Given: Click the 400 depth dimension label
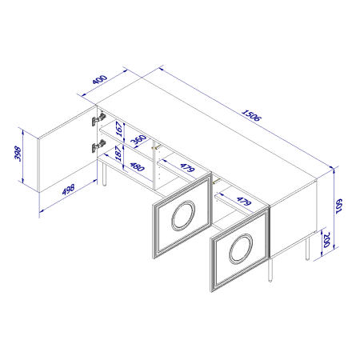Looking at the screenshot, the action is [100, 79].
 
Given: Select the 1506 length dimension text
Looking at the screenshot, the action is [251, 115].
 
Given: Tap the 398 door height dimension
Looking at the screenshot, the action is [18, 154].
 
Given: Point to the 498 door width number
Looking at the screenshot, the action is [68, 190].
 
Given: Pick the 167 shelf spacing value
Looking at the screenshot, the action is [120, 129].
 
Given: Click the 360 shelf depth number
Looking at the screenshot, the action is [139, 139].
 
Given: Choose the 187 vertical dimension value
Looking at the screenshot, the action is [118, 153].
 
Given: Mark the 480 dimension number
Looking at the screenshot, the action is [138, 167].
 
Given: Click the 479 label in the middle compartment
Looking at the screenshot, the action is [187, 168].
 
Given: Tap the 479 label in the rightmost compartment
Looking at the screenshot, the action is [244, 201].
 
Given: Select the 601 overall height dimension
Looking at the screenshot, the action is [338, 206].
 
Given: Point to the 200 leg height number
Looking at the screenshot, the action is [326, 240].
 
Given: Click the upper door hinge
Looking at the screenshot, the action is [98, 119].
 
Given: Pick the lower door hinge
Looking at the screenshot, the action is [98, 146].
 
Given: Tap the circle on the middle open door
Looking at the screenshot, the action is [183, 215].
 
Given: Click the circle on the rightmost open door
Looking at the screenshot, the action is [241, 249].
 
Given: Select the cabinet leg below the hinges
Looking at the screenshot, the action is [104, 174].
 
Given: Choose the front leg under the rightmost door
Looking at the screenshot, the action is [270, 270].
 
